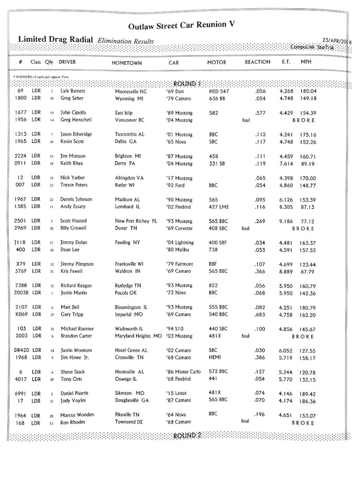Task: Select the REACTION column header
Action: coord(257,62)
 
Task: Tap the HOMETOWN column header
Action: coord(127,63)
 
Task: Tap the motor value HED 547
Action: coord(219,91)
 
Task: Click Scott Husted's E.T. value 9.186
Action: coord(286,221)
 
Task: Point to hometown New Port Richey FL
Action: coord(136,221)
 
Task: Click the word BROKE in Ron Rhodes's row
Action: coord(303,423)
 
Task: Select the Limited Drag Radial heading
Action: coord(55,39)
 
